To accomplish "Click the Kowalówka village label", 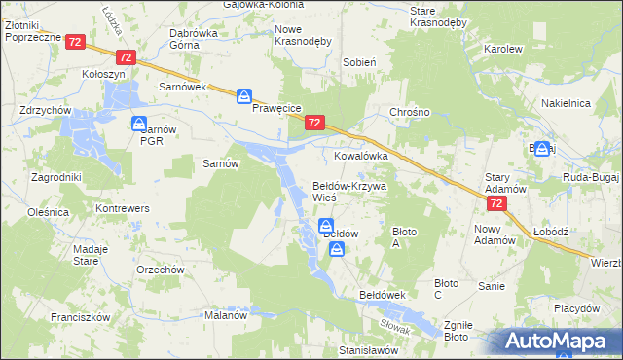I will coord(361,156).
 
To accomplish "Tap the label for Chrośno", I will coord(410,112).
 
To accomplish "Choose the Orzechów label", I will coord(161,270).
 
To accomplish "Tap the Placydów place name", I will coord(576,307).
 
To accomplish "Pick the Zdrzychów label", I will coord(46,111).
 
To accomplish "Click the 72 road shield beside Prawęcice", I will coord(313,123).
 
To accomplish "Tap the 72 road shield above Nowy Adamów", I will coord(496,203).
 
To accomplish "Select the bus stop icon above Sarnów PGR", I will coord(139,124).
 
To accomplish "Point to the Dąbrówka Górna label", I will coord(193,37).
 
